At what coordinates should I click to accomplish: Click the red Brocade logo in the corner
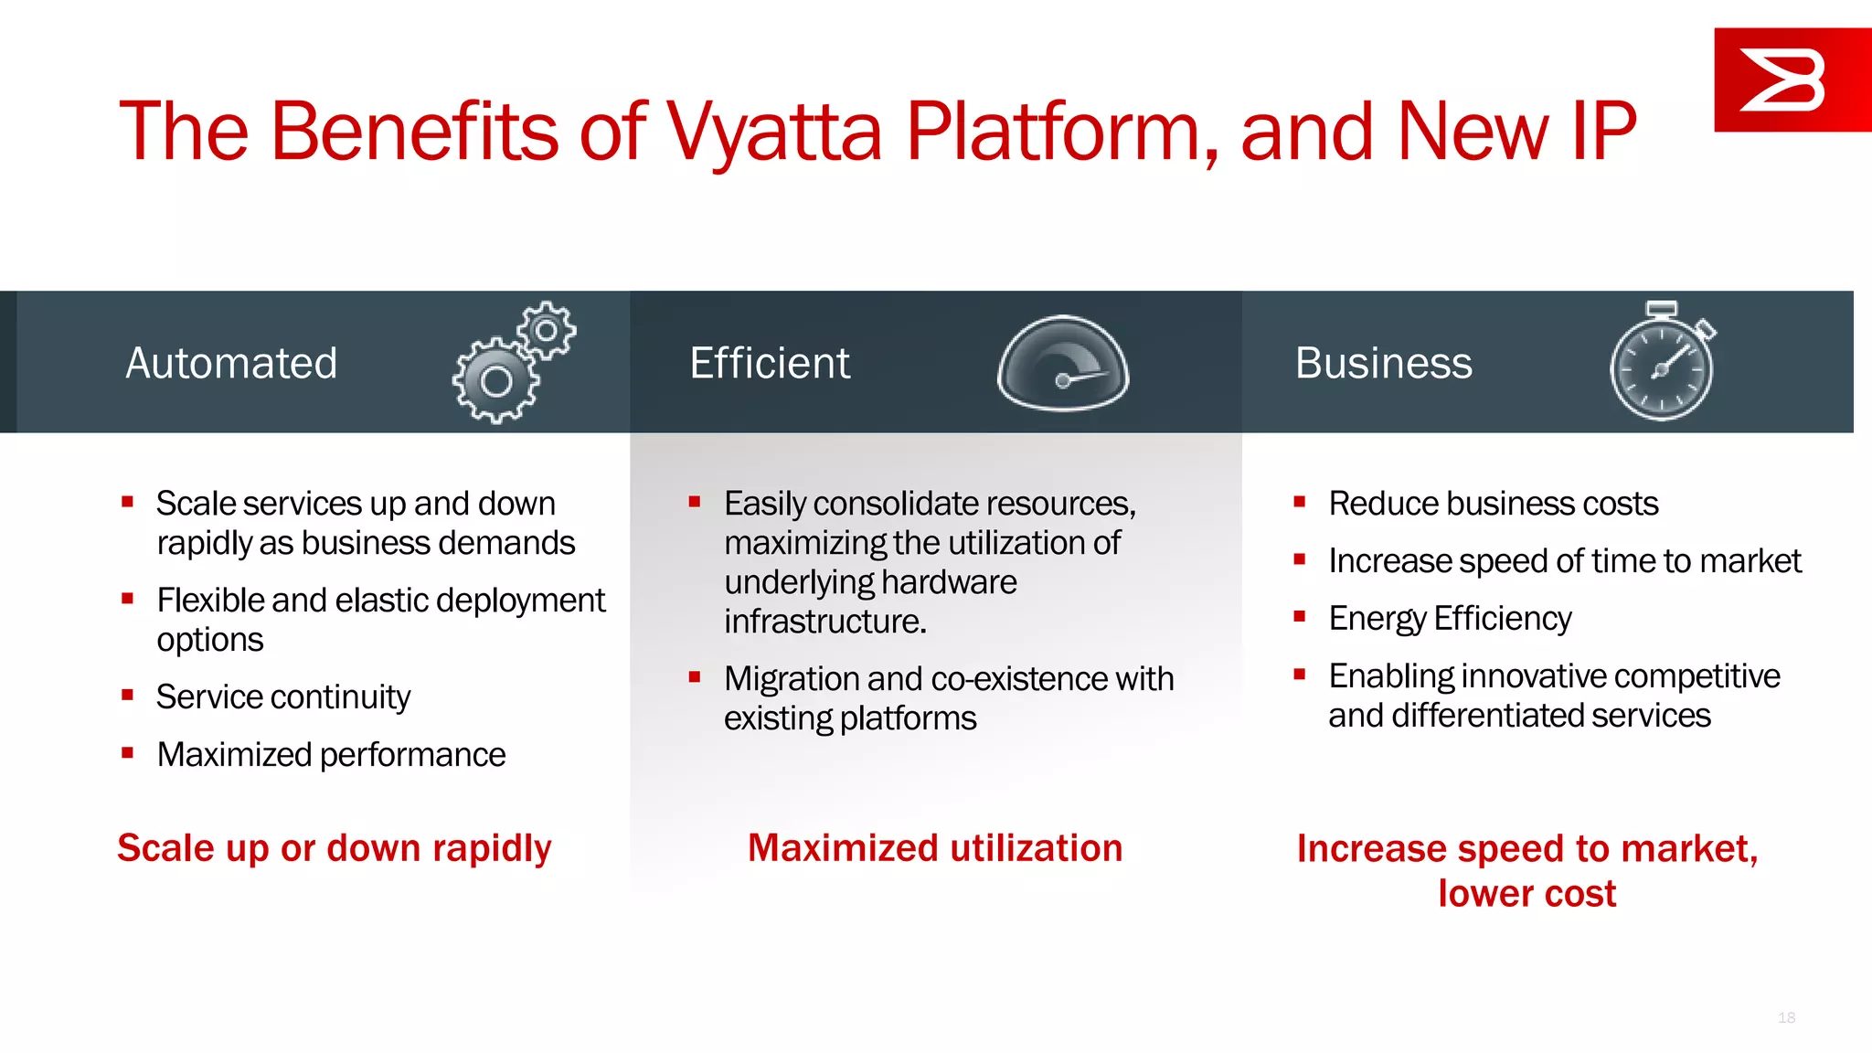click(1791, 80)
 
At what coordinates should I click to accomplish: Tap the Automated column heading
click(231, 363)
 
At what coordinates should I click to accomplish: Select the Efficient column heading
click(770, 363)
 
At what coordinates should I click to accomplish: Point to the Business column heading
click(1383, 363)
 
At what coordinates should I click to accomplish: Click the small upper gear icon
click(547, 330)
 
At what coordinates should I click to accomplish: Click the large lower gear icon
click(496, 381)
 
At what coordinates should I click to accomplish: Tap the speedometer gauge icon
click(1063, 364)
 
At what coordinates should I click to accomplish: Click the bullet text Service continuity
click(283, 697)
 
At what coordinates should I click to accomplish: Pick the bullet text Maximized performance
click(331, 755)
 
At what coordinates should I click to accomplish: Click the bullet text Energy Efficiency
click(1450, 619)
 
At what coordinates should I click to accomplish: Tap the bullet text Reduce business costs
click(1493, 504)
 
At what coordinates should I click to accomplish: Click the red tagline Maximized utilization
click(935, 848)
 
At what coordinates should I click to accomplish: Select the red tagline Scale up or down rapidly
click(335, 848)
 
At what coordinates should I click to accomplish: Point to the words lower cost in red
click(1526, 894)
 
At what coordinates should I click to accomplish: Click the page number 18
click(1786, 1017)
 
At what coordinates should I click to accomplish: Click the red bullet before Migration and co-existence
click(695, 677)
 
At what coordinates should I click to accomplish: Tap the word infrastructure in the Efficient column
click(824, 622)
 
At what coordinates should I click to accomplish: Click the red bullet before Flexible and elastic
click(128, 599)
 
